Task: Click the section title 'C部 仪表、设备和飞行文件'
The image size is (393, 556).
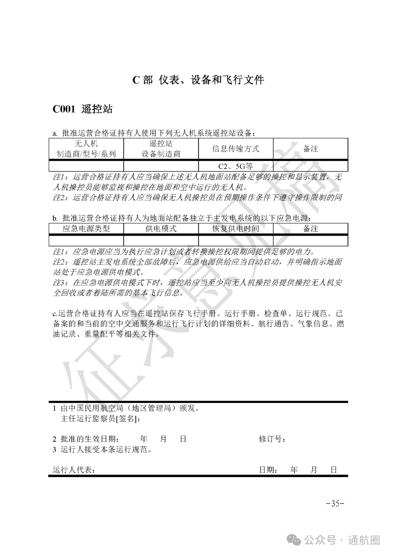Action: [198, 80]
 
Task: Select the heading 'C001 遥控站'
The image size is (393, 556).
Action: [83, 109]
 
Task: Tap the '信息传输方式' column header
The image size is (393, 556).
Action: [235, 149]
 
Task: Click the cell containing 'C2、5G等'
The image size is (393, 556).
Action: [235, 166]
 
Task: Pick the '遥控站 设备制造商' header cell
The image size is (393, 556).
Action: [161, 149]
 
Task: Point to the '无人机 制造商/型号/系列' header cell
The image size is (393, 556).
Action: [86, 149]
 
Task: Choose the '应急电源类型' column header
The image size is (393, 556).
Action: [86, 229]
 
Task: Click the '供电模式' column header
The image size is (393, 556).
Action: [161, 229]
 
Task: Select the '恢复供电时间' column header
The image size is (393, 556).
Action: [235, 229]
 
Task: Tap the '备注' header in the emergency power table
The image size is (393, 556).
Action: [310, 229]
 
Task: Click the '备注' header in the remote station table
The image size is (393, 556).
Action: [310, 149]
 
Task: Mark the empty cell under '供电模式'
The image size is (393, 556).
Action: [161, 241]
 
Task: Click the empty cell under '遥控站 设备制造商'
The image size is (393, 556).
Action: [161, 166]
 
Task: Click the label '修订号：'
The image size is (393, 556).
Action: [272, 439]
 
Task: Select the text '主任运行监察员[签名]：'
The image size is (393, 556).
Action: [101, 419]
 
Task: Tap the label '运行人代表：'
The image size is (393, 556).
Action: [74, 470]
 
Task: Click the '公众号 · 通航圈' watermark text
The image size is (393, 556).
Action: [342, 540]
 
